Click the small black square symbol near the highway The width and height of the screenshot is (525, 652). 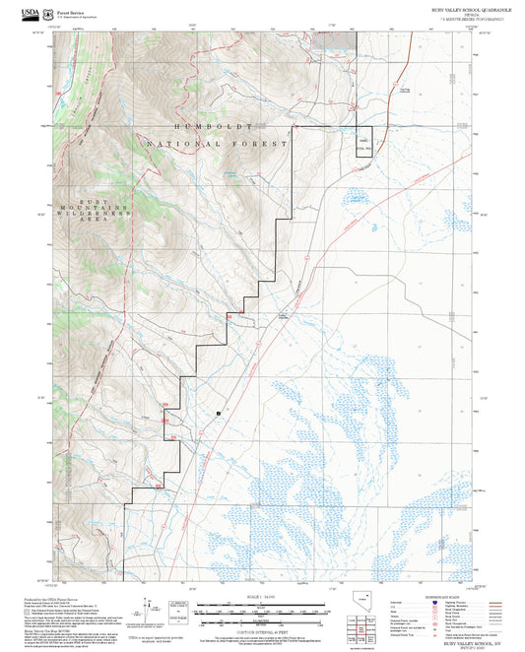click(219, 413)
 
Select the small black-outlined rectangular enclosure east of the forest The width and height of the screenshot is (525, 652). click(364, 142)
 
